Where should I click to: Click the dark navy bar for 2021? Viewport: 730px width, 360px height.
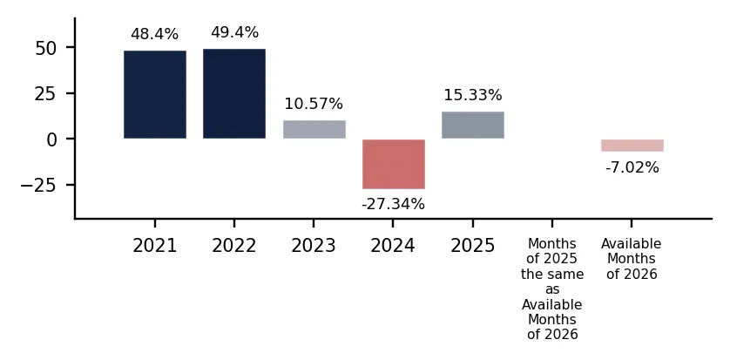155,94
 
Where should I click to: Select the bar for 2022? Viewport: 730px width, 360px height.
234,93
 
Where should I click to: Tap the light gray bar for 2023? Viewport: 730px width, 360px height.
314,130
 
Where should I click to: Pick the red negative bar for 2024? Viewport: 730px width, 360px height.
394,164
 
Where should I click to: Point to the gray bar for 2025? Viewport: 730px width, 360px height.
473,125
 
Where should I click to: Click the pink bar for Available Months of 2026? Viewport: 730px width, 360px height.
632,146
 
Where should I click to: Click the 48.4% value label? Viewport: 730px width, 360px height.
154,34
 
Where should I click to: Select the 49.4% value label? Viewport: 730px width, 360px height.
234,32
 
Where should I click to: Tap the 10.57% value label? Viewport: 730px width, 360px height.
314,104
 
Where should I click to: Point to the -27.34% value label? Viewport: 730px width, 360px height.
394,204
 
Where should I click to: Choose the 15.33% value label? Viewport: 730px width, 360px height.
473,95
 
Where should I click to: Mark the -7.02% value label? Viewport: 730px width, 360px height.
632,167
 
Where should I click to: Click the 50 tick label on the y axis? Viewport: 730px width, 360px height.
45,47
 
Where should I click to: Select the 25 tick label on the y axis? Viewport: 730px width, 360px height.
45,93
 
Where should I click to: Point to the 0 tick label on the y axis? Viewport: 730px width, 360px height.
51,139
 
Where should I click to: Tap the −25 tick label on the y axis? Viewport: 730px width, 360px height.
38,185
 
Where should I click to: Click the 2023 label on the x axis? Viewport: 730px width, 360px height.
314,246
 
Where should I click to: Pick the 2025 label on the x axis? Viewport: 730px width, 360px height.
472,246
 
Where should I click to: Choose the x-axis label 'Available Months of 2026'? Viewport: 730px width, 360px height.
632,259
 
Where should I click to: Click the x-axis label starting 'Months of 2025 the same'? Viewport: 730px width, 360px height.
552,289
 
